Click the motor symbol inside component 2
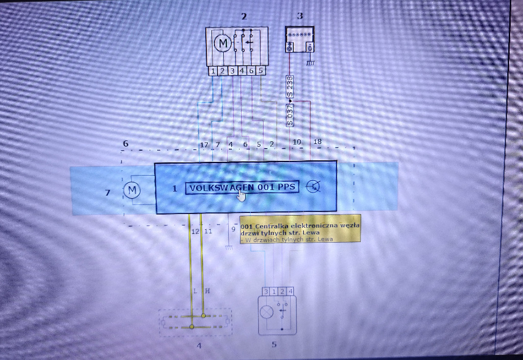coord(222,43)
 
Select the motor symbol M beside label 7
coord(132,190)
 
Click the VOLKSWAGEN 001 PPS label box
coord(242,187)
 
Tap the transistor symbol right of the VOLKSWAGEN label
coord(313,187)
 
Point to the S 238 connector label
coord(290,87)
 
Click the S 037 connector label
coord(290,115)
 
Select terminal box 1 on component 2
coord(212,71)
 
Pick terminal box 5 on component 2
coord(261,70)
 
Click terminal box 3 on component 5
coord(266,291)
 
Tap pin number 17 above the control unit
coord(204,145)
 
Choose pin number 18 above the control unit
coord(317,141)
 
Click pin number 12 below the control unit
coord(195,231)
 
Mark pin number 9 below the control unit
coord(233,229)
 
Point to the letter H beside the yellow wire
coord(207,291)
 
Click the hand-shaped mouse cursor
coord(241,195)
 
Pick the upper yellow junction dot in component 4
coord(203,315)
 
